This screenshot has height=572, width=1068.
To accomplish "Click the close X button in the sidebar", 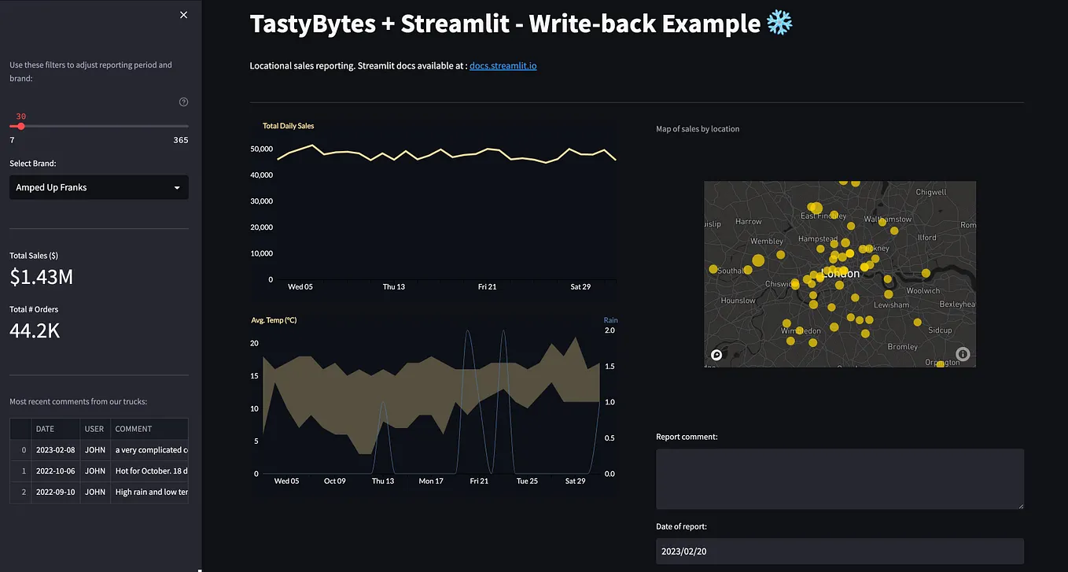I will click(x=184, y=15).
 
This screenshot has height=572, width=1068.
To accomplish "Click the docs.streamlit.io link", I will click(x=503, y=66).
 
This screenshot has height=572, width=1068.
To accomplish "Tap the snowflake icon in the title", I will click(x=780, y=24).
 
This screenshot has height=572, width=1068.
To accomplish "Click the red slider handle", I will click(x=21, y=126).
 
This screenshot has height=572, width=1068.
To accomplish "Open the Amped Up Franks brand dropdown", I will click(x=98, y=187).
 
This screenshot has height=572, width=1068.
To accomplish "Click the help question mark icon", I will click(x=184, y=101).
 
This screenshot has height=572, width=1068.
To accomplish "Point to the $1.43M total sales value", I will click(x=42, y=277).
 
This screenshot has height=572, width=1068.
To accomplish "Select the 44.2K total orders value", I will click(x=35, y=330).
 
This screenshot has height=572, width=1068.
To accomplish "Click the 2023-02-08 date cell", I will click(x=55, y=450).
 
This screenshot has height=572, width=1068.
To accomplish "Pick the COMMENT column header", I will click(x=134, y=429).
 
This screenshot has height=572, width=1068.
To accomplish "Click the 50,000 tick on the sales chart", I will click(x=260, y=149).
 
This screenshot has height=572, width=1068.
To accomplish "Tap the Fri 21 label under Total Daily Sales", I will click(x=488, y=287).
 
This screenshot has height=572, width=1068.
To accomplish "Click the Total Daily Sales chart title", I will click(x=288, y=126).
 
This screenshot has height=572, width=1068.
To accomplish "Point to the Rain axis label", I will click(x=611, y=320).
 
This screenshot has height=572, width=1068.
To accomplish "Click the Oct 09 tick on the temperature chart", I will click(x=335, y=481).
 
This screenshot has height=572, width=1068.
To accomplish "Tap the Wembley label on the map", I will click(x=766, y=242).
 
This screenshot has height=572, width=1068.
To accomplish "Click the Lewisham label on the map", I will click(x=891, y=304).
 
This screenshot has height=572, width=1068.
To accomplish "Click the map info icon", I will click(x=963, y=354).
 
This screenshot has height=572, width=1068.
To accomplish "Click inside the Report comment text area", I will click(x=839, y=478).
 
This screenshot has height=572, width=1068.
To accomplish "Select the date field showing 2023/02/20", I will click(x=839, y=552).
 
